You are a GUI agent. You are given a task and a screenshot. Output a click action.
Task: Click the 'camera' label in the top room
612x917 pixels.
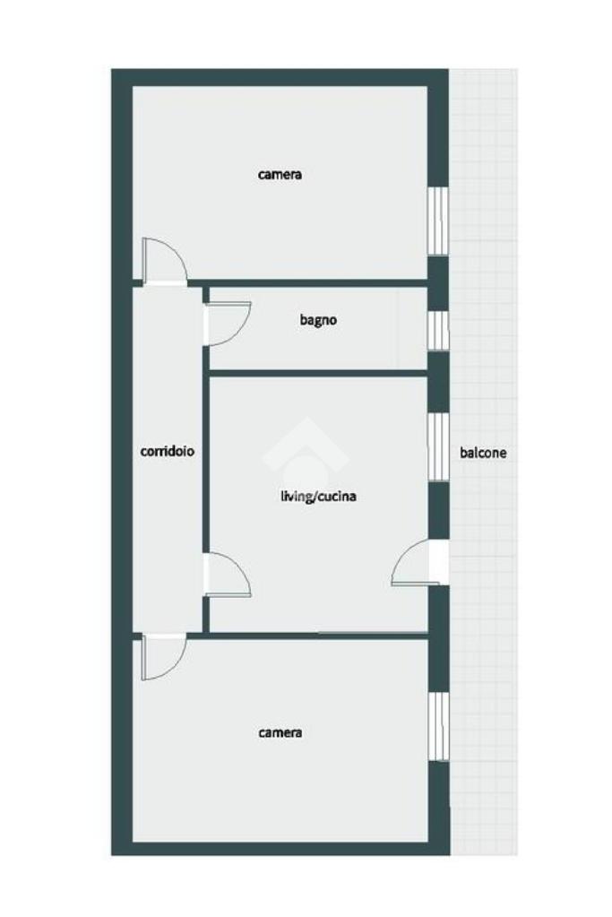[280, 174]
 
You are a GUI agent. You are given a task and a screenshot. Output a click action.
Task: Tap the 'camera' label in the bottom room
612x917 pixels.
[280, 732]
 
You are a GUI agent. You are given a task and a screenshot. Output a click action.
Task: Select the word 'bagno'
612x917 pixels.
[318, 321]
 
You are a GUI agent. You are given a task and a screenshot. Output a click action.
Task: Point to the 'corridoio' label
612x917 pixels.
[168, 452]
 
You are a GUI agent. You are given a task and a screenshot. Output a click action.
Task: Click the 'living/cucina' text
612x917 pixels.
[319, 497]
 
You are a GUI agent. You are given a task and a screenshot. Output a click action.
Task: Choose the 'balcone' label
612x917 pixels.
[483, 453]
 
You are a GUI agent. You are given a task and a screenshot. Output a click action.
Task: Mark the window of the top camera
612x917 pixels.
[438, 221]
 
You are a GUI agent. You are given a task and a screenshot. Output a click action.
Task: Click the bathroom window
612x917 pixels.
[438, 331]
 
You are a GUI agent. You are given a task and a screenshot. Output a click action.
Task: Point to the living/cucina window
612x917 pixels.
[438, 447]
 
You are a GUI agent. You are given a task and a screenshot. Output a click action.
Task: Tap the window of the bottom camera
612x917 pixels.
[438, 726]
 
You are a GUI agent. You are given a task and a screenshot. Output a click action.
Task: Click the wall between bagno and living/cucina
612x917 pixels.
[319, 373]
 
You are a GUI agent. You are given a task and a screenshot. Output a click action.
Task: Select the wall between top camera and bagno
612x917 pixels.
[308, 283]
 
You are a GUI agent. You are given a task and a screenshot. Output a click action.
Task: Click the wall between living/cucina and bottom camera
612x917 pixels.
[308, 636]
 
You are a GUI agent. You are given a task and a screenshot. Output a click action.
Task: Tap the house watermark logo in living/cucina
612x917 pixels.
[306, 450]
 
